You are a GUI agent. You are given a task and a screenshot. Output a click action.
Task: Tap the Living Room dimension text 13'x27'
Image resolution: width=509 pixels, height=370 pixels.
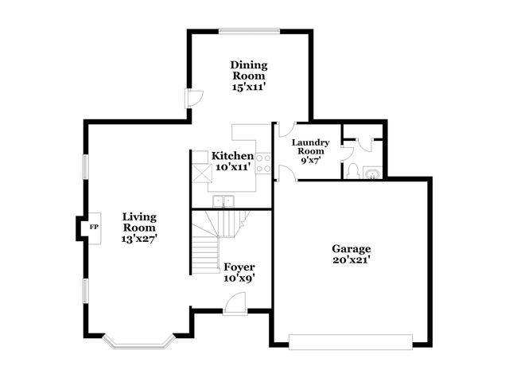tap(139, 239)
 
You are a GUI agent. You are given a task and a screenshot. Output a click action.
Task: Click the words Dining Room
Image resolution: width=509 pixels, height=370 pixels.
tap(249, 70)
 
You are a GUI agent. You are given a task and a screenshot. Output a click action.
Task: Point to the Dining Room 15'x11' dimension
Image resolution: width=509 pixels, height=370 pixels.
tap(249, 87)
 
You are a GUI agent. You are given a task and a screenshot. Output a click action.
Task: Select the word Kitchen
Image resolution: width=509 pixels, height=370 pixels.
tap(232, 156)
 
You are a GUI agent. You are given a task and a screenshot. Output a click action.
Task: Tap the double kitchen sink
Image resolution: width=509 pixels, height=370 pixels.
tap(225, 201)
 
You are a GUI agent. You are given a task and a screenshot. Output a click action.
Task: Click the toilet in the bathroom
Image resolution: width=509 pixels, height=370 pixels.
tap(352, 172)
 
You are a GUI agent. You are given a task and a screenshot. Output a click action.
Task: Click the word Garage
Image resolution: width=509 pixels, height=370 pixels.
tap(352, 248)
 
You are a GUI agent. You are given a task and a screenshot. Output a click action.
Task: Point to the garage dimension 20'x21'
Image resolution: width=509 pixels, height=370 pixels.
tap(352, 259)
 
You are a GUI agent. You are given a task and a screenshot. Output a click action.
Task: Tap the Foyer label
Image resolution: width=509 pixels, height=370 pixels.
tap(239, 267)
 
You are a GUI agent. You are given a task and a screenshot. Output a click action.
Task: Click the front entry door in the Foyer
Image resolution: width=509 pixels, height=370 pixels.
tap(235, 303)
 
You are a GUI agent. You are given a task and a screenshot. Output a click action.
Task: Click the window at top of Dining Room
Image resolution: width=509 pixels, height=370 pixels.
tap(248, 32)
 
